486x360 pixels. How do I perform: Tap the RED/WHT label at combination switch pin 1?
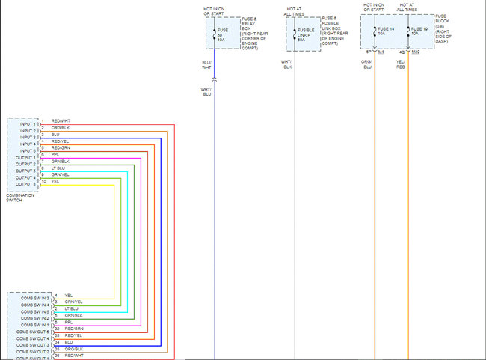point(61,121)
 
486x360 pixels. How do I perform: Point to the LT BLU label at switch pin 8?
point(58,168)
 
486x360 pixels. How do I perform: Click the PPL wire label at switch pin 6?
point(55,155)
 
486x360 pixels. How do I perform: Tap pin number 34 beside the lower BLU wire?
point(57,342)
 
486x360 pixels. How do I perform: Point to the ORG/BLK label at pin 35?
point(73,349)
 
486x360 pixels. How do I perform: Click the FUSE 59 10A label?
point(222,35)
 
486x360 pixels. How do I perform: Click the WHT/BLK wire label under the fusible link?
point(286,64)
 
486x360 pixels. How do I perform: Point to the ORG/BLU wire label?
point(366,64)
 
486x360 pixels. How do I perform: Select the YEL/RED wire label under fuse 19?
point(401,64)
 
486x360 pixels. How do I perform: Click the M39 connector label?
point(415,52)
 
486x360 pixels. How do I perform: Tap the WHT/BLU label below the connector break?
point(207,91)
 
